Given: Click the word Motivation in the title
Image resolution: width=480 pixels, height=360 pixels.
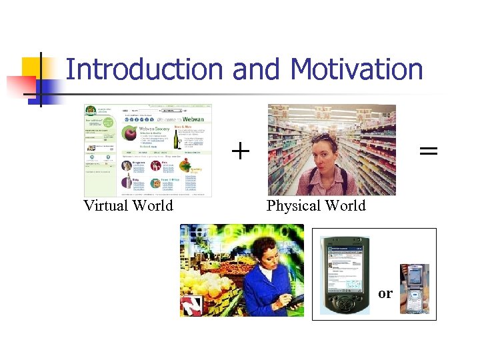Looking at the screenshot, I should pos(357,69).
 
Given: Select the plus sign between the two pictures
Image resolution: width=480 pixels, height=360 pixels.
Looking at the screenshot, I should pos(240,152).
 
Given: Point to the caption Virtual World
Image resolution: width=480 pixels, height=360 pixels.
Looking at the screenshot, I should pos(128,205).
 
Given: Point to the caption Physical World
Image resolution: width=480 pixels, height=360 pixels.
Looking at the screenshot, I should pos(316,205).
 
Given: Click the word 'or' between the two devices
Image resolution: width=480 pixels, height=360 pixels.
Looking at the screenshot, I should pos(385,293).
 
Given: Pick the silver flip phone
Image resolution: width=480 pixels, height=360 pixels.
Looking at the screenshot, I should pos(413,289).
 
